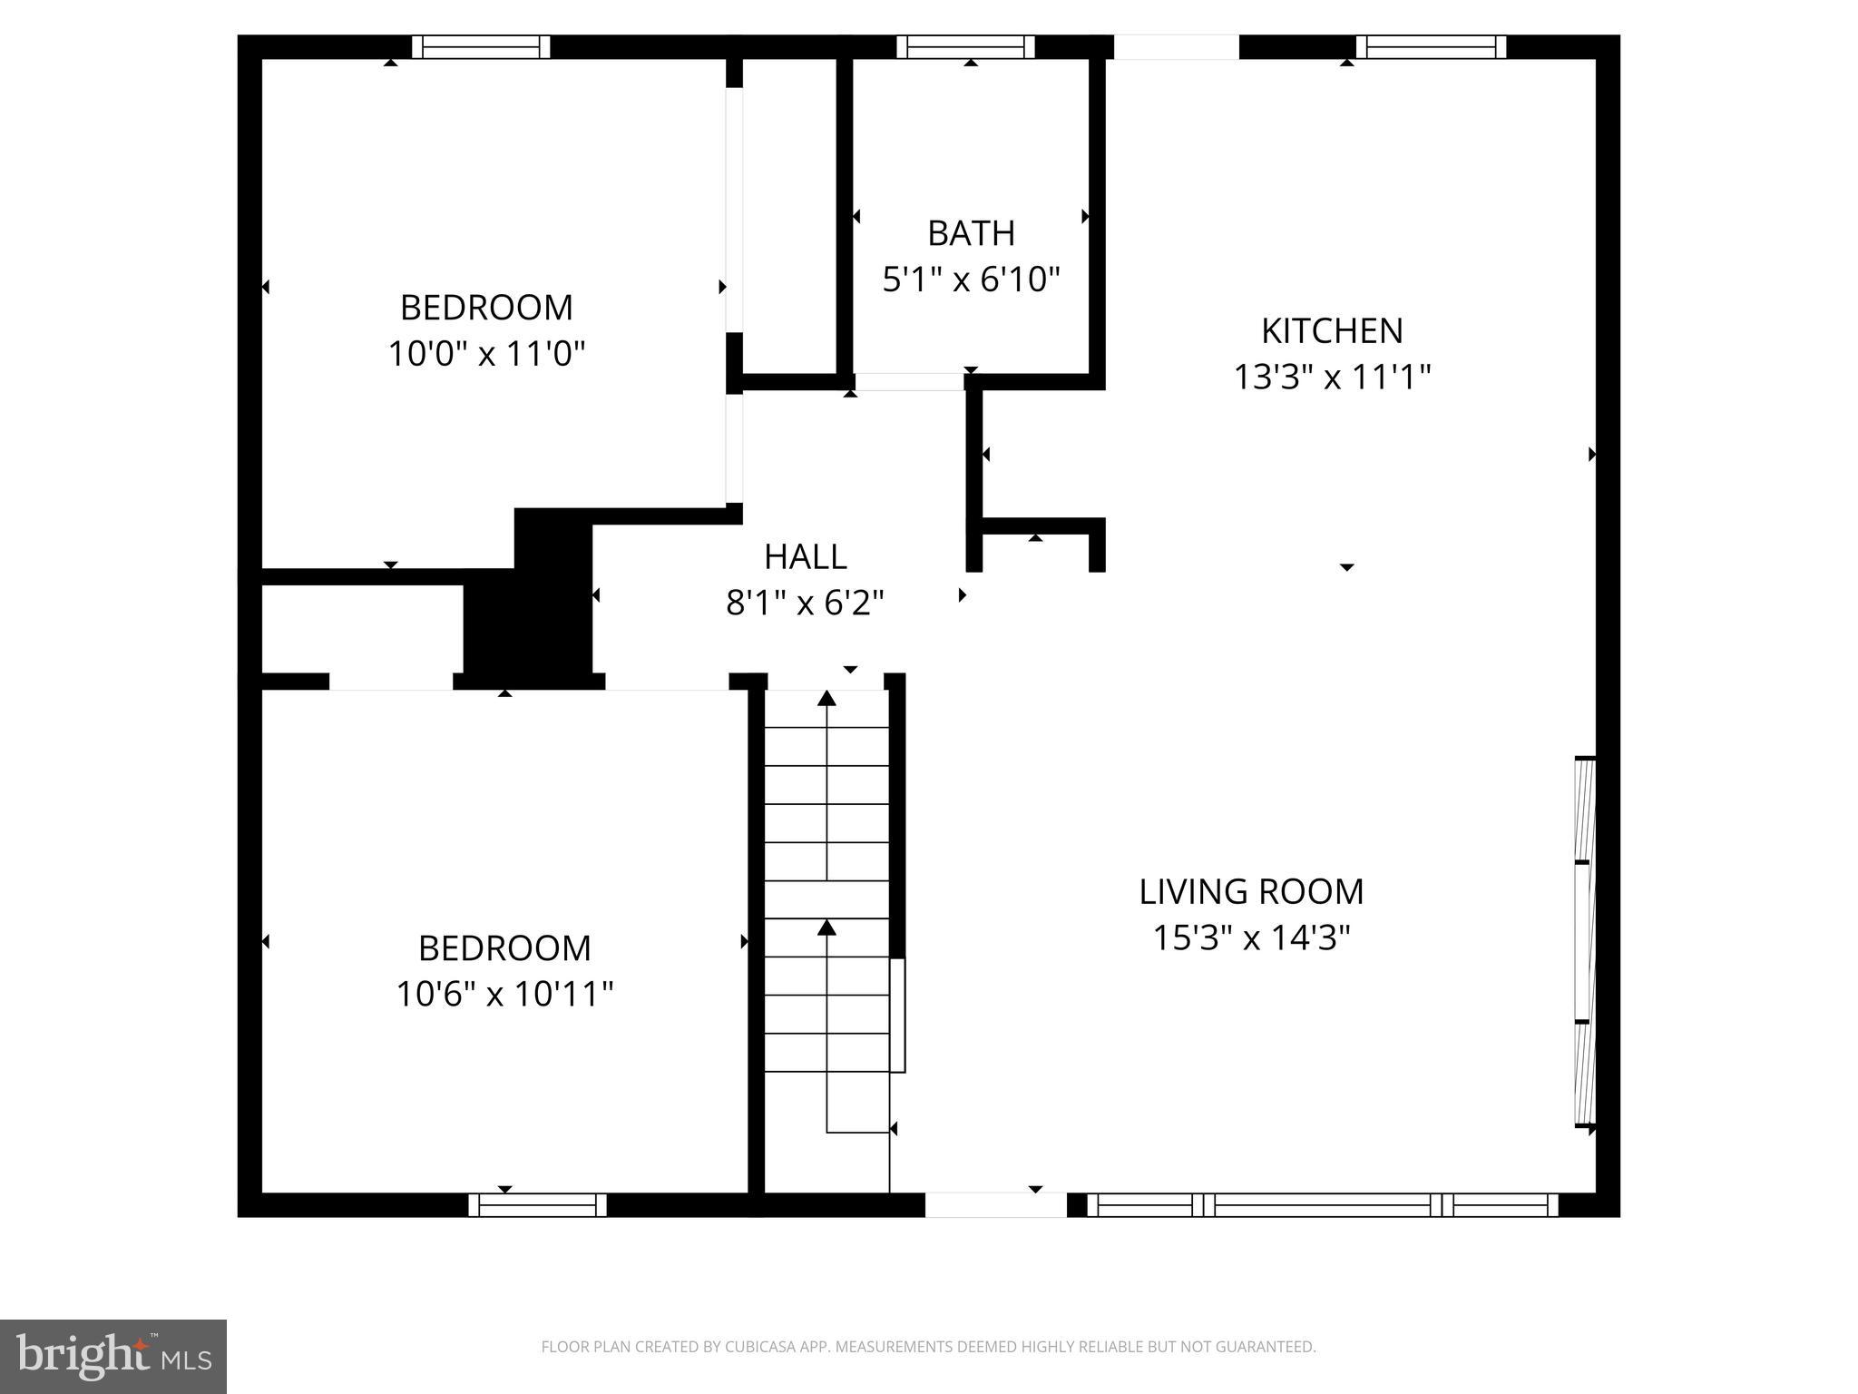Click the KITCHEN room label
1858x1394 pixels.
1331,331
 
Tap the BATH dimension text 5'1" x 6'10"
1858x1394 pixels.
971,279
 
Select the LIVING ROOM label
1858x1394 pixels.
1251,891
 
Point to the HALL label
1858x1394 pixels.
805,557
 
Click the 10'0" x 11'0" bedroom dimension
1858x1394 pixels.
486,353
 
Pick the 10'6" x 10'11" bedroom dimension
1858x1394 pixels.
504,994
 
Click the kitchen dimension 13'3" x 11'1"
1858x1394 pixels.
1331,377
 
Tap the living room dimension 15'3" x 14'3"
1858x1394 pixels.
1251,938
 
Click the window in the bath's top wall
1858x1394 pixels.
965,47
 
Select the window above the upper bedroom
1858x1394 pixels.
481,47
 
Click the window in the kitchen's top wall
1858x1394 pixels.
1431,47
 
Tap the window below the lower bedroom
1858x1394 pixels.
537,1204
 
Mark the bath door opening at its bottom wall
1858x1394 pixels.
908,382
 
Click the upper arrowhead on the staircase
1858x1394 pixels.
826,698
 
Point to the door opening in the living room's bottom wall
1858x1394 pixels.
995,1204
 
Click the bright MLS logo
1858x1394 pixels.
113,1356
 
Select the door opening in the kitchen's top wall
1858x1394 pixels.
1176,47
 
